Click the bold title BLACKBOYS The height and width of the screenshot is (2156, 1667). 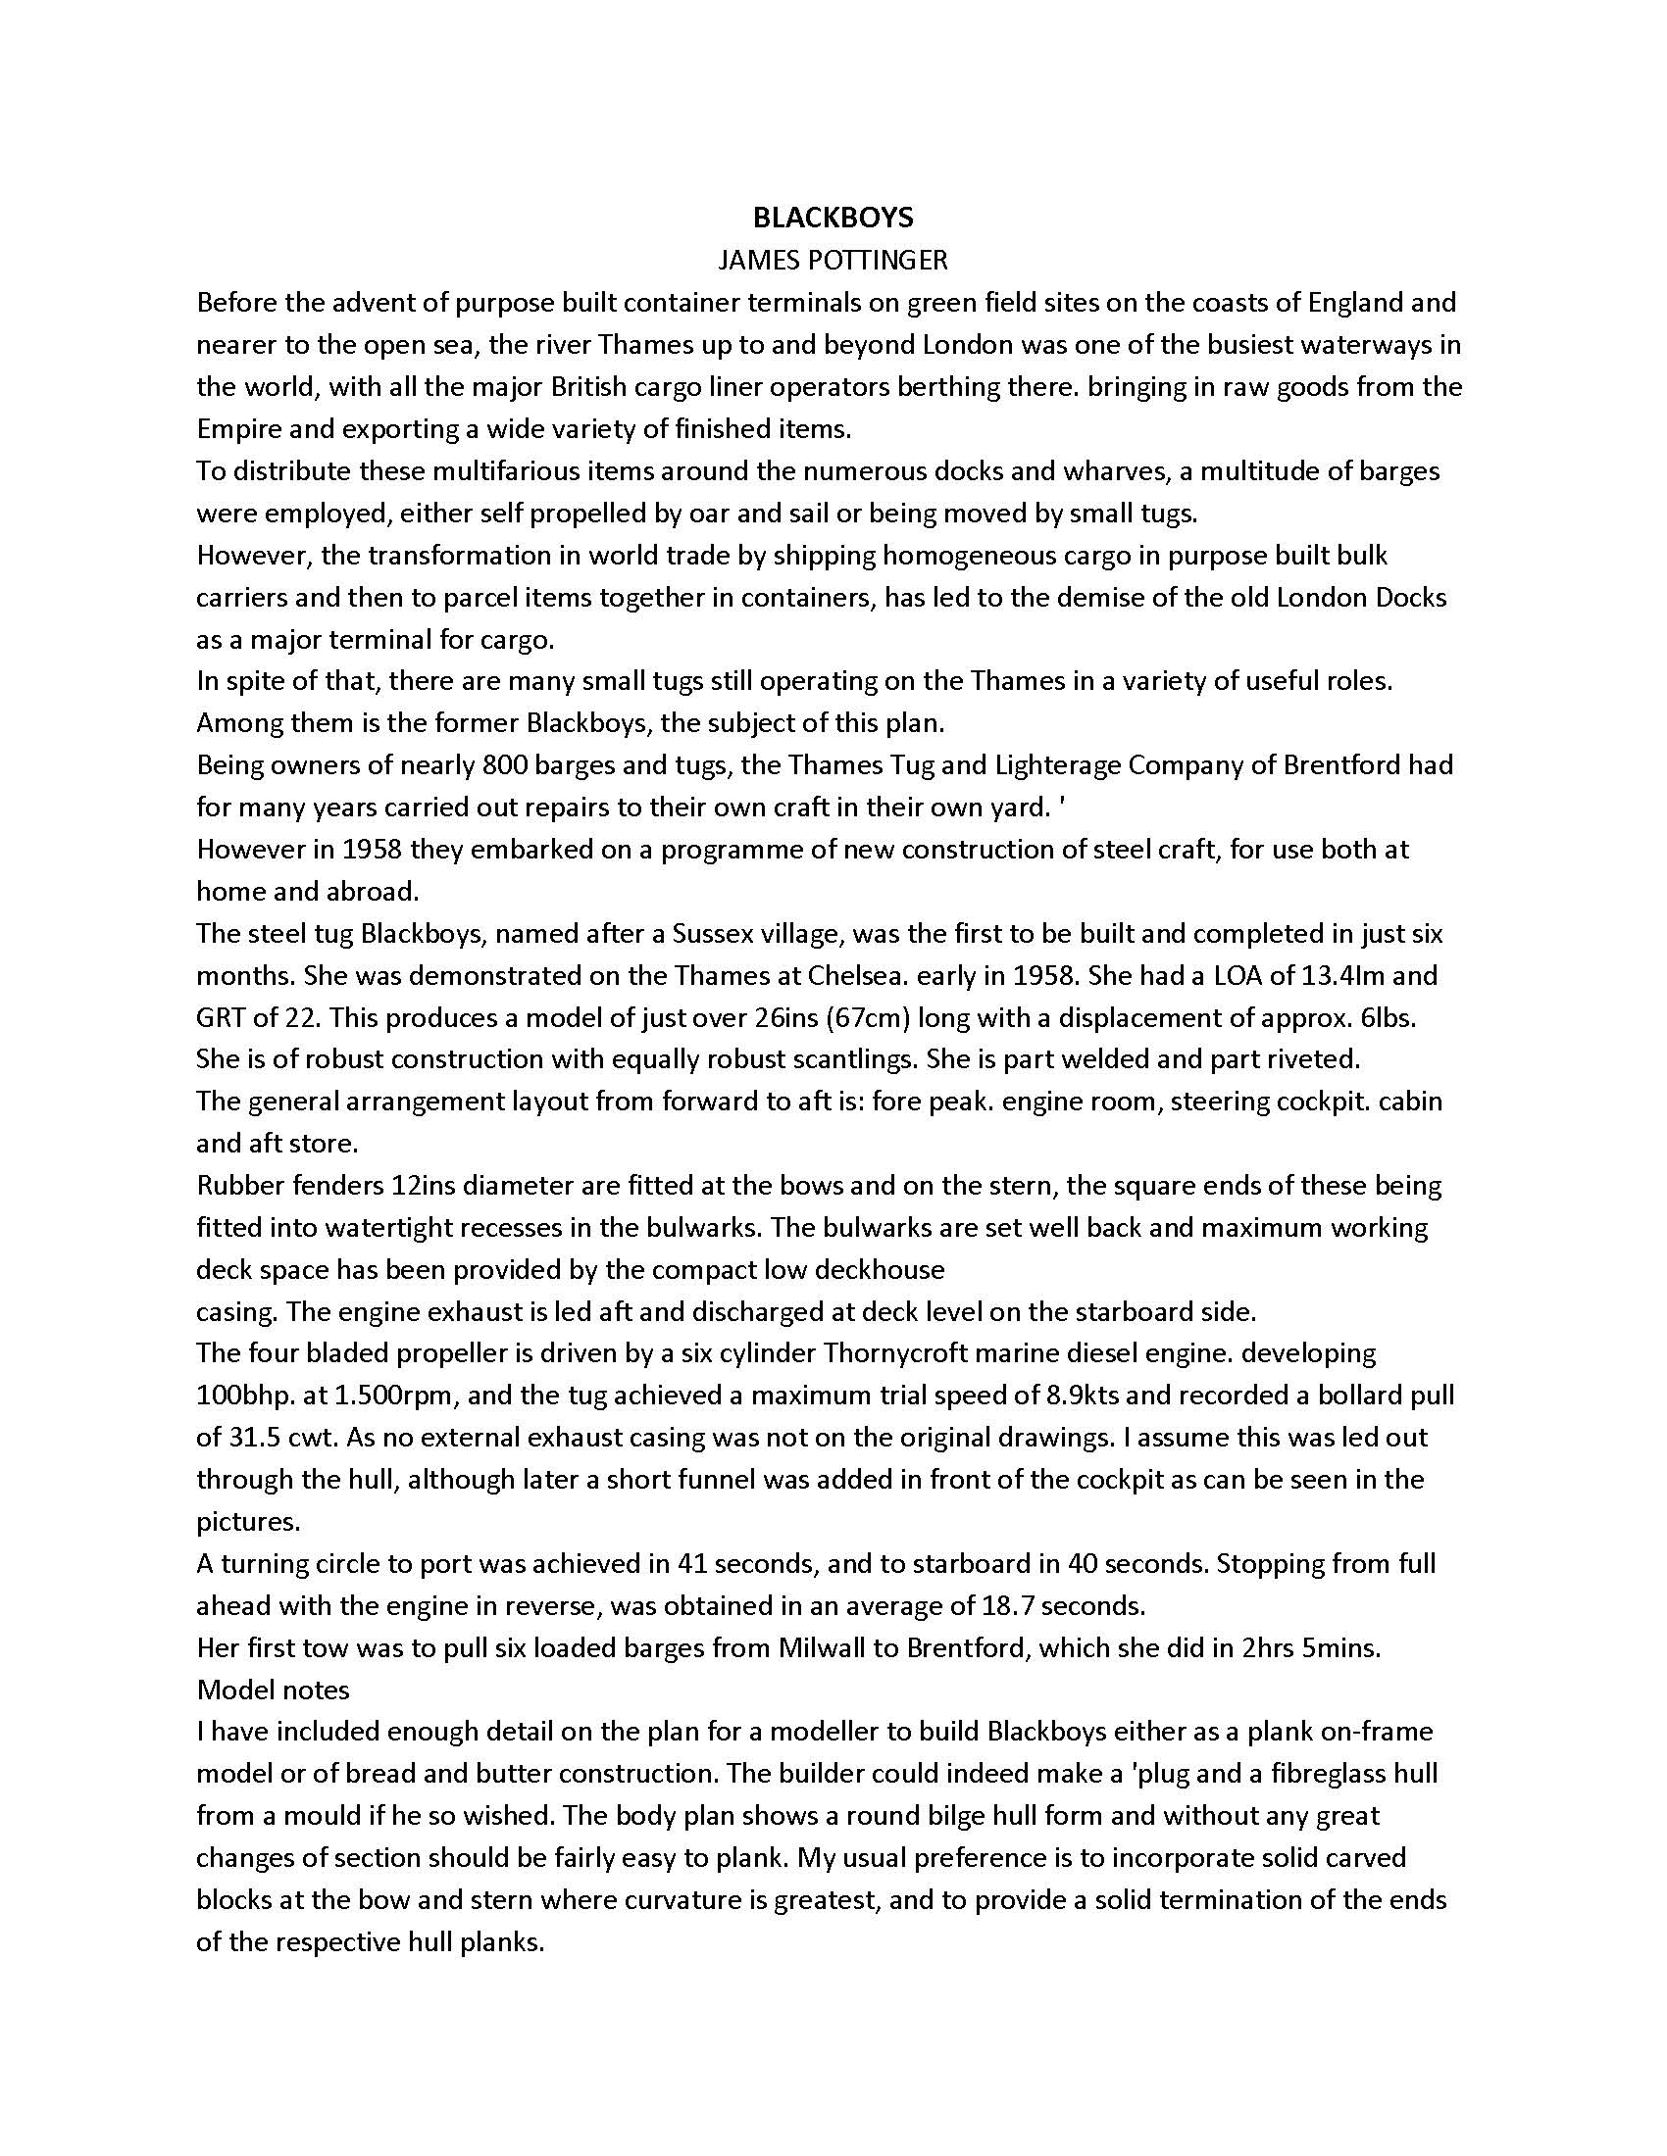pyautogui.click(x=833, y=218)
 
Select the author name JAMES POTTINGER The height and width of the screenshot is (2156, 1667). pyautogui.click(x=833, y=260)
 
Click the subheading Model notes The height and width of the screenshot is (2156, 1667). pyautogui.click(x=274, y=1690)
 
